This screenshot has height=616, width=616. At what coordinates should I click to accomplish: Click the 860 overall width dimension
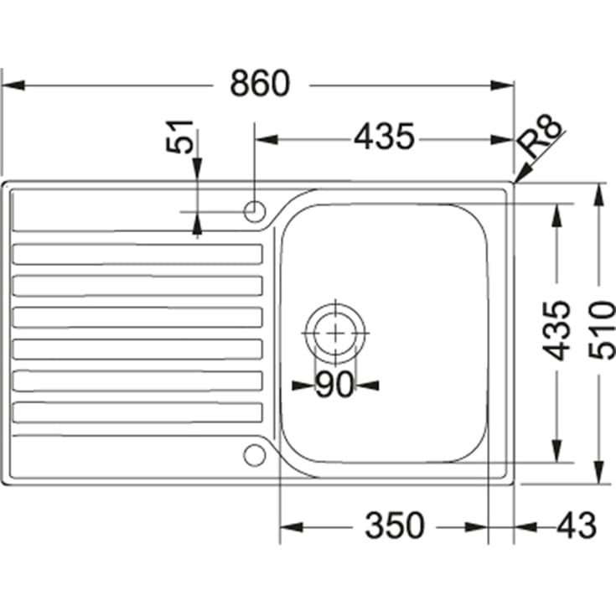(x=260, y=84)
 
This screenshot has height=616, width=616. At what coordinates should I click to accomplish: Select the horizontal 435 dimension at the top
(x=384, y=137)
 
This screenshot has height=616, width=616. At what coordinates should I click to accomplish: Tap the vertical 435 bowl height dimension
(x=556, y=330)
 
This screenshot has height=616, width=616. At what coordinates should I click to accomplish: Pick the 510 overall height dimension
(x=602, y=329)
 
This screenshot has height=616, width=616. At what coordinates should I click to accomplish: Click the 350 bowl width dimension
(x=395, y=525)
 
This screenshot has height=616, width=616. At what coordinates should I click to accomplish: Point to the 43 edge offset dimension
(x=577, y=525)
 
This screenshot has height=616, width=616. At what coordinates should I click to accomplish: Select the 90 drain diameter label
(x=335, y=385)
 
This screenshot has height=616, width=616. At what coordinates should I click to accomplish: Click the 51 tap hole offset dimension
(x=179, y=137)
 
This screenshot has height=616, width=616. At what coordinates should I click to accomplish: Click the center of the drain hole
(x=335, y=334)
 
